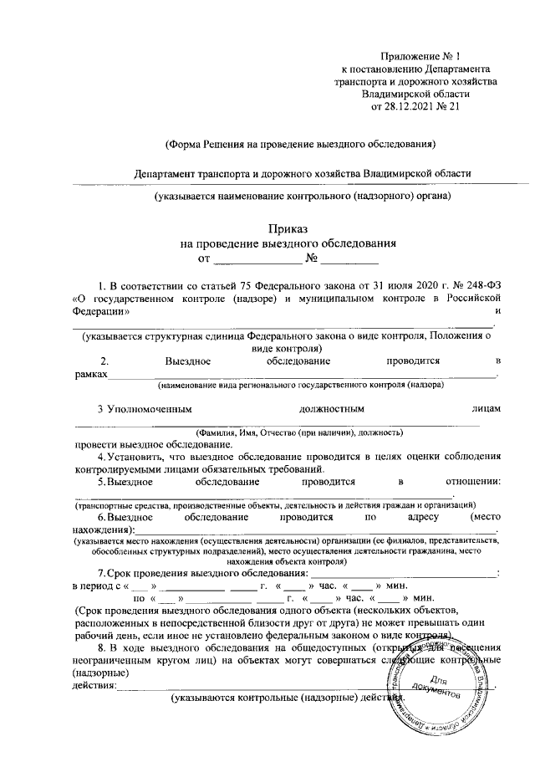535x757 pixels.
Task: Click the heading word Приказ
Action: click(x=288, y=228)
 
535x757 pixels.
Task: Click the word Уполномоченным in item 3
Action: click(x=150, y=409)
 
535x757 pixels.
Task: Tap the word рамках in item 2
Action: click(x=90, y=376)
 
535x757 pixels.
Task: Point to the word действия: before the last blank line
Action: click(x=94, y=684)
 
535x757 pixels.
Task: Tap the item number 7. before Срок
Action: click(x=101, y=572)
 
